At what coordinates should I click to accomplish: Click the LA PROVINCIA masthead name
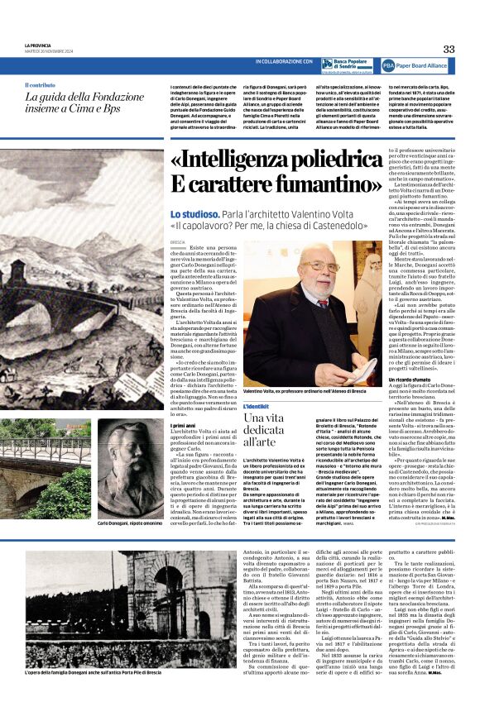pyautogui.click(x=40, y=45)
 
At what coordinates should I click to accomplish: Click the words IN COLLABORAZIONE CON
pyautogui.click(x=284, y=62)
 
